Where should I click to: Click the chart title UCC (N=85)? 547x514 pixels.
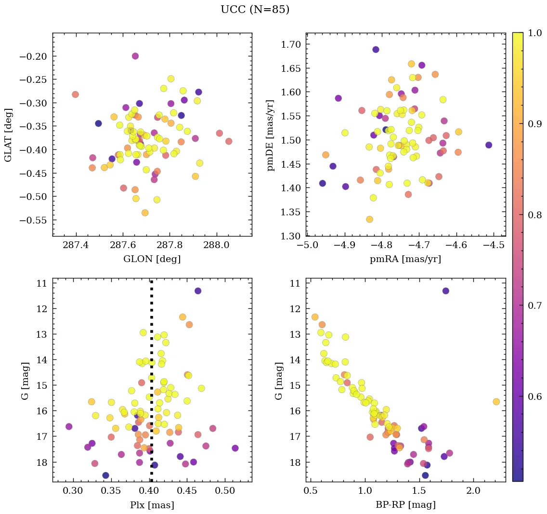pos(255,10)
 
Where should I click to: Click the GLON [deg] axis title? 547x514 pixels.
pos(152,259)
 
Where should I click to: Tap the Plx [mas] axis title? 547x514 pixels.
pos(152,505)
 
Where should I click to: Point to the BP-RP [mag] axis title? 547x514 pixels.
pos(405,505)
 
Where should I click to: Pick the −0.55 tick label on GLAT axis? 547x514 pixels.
pos(34,220)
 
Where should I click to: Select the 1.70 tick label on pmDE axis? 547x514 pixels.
pos(290,45)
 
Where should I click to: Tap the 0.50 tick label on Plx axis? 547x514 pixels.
pos(224,492)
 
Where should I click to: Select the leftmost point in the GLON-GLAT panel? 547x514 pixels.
pos(75,94)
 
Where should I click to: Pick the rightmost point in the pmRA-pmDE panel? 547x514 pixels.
pos(489,145)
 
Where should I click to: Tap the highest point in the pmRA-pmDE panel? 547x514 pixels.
pos(376,50)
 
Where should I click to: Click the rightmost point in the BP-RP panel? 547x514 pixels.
pos(496,402)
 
